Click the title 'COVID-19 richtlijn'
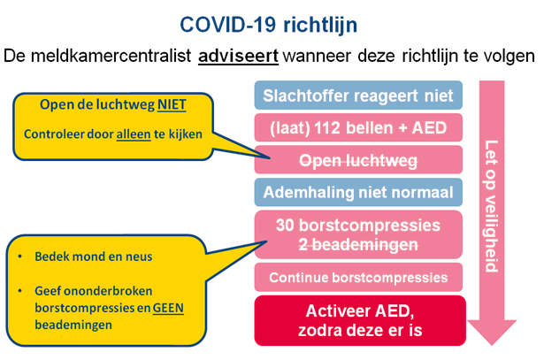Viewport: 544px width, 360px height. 269,25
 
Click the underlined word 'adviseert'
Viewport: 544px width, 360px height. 238,56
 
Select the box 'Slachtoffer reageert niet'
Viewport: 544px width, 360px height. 358,96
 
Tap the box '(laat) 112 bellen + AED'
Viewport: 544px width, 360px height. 358,127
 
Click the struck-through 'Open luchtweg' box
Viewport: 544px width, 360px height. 358,160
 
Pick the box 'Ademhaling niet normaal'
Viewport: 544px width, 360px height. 358,192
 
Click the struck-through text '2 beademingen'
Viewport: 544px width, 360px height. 358,244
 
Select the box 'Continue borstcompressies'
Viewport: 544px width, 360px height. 358,277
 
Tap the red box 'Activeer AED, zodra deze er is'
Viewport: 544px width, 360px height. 360,320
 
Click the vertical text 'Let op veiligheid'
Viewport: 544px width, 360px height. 491,206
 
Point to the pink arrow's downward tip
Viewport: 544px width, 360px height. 492,345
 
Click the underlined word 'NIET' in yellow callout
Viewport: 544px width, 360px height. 172,104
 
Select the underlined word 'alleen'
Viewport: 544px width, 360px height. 134,134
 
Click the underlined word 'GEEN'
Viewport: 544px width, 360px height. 168,308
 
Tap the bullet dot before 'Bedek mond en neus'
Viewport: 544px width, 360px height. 20,257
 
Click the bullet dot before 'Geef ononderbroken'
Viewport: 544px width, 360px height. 20,291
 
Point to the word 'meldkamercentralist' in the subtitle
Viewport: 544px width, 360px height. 111,56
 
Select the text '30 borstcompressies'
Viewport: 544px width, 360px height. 358,225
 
